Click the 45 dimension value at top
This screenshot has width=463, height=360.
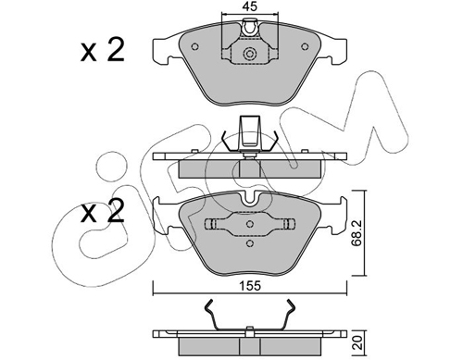click(250, 6)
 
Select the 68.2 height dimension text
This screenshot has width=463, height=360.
click(357, 233)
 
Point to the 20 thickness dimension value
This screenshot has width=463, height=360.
click(357, 343)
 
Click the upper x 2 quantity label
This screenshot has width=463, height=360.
click(103, 50)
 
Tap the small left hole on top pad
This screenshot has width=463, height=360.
click(194, 46)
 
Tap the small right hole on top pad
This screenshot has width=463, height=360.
click(305, 46)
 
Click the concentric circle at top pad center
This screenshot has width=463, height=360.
click(250, 54)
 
